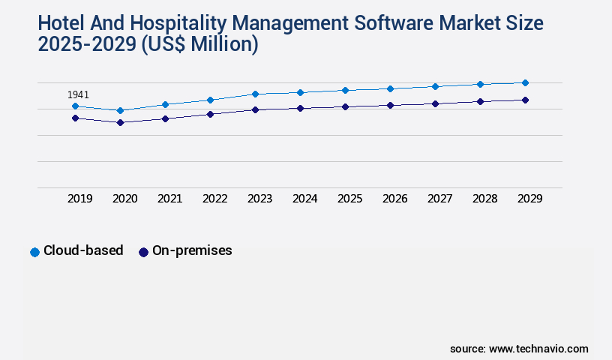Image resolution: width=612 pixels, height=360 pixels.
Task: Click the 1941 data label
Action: click(78, 95)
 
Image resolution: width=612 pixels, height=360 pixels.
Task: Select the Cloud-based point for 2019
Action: click(75, 106)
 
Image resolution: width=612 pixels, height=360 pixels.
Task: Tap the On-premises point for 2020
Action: click(120, 122)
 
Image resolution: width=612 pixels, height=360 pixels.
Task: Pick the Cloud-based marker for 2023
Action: click(255, 94)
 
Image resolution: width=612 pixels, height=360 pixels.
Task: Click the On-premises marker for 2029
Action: click(525, 100)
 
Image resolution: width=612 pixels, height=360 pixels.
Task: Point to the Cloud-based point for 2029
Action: click(525, 82)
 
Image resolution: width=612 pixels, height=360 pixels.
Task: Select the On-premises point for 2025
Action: click(345, 106)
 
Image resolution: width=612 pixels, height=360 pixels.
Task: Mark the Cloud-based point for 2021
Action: click(165, 104)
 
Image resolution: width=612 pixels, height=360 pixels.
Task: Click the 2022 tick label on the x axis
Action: click(214, 199)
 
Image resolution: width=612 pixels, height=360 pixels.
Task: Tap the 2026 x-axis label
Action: click(394, 199)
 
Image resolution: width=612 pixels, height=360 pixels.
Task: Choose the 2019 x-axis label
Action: click(79, 199)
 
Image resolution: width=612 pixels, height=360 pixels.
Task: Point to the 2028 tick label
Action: click(484, 199)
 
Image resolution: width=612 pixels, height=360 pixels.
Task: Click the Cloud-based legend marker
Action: click(34, 252)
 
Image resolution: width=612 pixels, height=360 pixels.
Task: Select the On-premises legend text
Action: click(192, 251)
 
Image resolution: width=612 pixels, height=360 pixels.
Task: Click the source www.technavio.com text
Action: click(519, 349)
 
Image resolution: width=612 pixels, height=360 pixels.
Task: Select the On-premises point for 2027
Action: click(435, 103)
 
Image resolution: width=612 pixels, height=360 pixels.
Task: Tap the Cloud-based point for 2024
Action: click(300, 92)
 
